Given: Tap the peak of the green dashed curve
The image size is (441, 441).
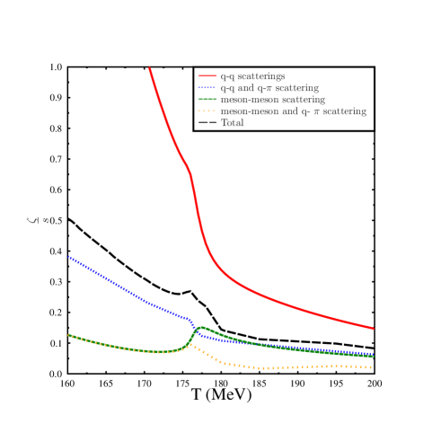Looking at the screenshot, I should point(201,328).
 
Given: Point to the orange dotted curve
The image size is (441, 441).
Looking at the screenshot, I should point(269,368).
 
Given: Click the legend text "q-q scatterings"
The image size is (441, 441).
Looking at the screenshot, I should point(252,76).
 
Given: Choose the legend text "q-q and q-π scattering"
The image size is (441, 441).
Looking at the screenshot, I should point(269,88).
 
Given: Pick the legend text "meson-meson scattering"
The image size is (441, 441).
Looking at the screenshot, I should point(272,100).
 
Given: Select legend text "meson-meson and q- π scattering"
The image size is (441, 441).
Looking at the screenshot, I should point(293,111).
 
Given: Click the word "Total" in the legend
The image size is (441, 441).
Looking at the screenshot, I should point(232,123).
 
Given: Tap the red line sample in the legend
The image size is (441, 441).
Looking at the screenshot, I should point(207,76).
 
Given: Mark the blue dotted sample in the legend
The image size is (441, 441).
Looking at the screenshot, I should point(207,88).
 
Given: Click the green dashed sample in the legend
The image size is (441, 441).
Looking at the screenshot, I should point(207,100).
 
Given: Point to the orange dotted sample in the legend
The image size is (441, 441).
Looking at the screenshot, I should point(207,111).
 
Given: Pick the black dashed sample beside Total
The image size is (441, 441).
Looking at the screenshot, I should point(207,123).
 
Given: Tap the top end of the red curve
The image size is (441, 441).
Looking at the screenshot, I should point(149,68).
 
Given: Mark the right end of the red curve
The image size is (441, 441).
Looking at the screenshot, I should point(373,328).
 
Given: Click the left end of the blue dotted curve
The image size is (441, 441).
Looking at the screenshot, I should point(69,257).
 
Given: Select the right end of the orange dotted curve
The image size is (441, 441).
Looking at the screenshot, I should point(372,367).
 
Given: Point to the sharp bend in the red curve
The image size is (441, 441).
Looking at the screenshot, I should point(190,172).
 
